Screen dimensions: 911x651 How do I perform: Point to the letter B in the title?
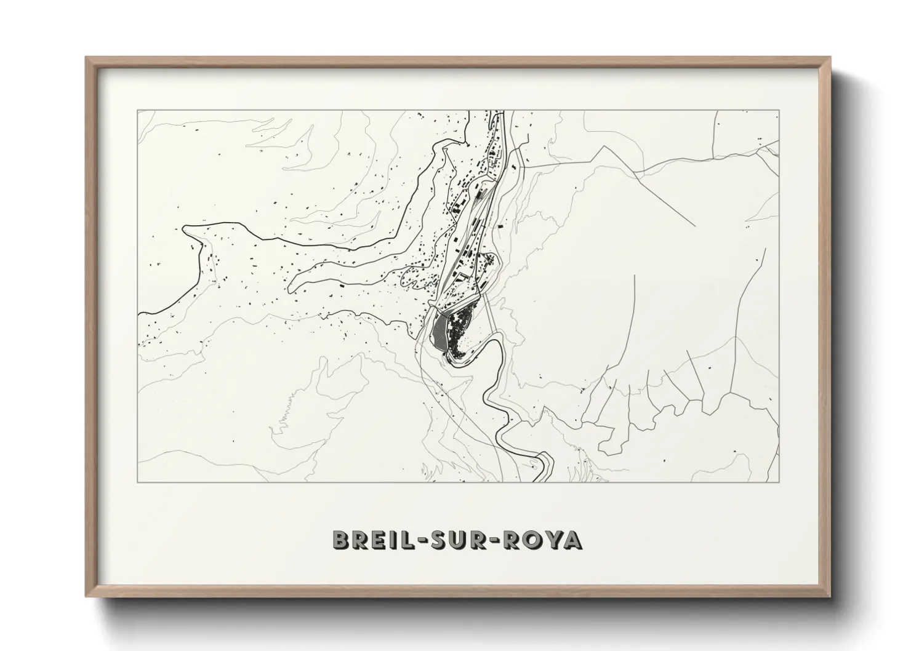(340, 540)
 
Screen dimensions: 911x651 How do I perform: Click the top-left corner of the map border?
(138, 111)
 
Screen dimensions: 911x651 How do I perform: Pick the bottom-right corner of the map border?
(779, 482)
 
